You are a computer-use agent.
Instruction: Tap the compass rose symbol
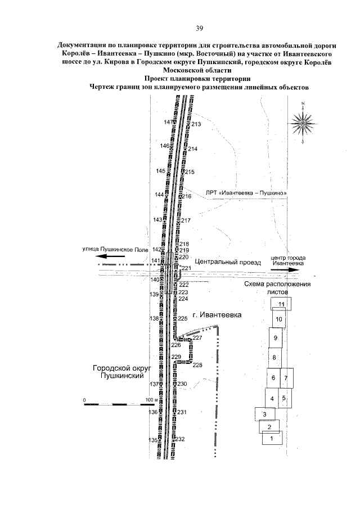point(303,121)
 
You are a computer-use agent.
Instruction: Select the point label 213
point(196,124)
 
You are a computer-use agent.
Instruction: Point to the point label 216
point(187,196)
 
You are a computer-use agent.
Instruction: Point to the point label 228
point(197,365)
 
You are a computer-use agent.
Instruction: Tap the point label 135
point(152,440)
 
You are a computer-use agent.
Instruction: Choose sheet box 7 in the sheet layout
point(286,377)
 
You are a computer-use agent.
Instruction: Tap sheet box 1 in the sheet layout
point(272,438)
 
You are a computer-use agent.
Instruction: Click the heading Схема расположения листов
point(277,288)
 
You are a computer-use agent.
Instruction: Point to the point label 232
point(181,439)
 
